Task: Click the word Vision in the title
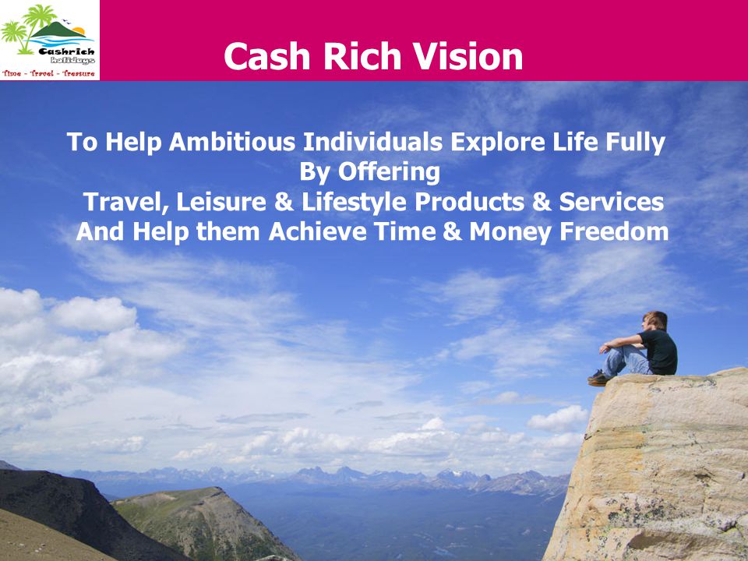pos(467,56)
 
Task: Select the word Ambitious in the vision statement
pos(232,142)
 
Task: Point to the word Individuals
pos(373,142)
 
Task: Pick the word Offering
pos(389,173)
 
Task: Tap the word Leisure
pos(221,202)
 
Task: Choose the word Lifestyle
pos(354,203)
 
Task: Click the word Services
pos(611,202)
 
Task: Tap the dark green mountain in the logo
pos(57,30)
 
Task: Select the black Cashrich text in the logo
pos(67,51)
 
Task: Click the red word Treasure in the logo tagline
pos(78,73)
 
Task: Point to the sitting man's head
pos(654,320)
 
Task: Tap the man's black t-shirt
pos(659,352)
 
